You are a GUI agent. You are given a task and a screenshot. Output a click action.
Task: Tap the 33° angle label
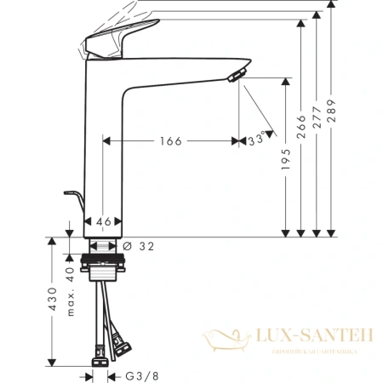256,141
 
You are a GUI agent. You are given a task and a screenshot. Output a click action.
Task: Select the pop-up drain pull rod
76,203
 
